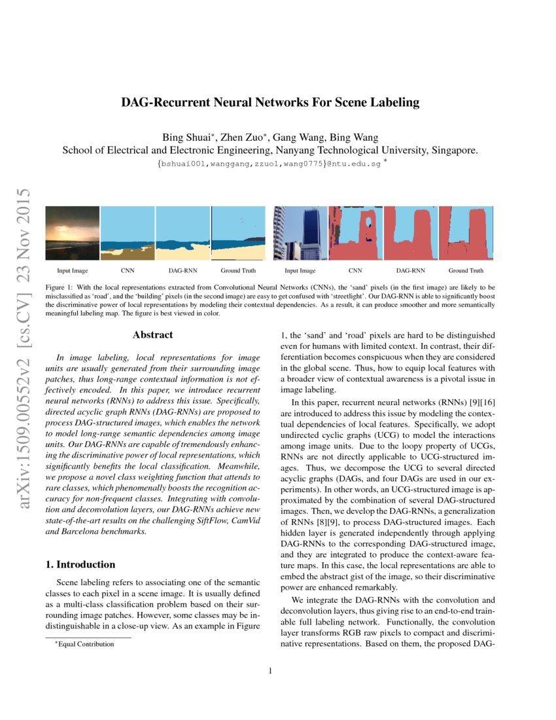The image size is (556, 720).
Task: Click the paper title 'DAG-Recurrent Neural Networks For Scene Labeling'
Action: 270,103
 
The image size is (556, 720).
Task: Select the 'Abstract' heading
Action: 152,335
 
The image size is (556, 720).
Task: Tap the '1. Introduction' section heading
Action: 86,564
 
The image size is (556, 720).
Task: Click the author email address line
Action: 270,164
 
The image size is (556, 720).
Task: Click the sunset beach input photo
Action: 72,234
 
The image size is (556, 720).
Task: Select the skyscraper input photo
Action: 300,234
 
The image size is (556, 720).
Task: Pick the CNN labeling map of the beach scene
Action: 128,234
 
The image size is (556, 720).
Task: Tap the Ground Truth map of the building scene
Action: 466,234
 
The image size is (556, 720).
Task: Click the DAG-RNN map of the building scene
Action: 411,234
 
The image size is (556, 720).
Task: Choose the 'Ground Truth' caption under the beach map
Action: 238,270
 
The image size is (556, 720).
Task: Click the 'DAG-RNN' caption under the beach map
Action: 183,270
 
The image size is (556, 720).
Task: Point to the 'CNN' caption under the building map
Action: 355,270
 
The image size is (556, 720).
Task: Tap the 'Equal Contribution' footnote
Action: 86,644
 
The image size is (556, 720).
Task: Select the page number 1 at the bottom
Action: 270,670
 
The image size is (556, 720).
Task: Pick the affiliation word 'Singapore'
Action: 454,150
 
